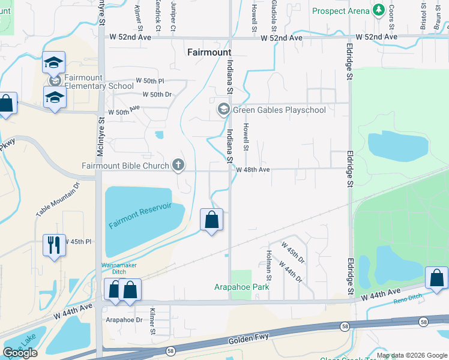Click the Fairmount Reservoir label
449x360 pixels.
[140, 216]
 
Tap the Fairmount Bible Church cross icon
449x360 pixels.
[178, 164]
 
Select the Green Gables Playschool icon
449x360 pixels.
[223, 109]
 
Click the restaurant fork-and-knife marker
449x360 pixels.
[54, 244]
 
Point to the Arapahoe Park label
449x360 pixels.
[242, 287]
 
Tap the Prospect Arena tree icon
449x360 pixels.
[379, 10]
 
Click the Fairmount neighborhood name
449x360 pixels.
[209, 52]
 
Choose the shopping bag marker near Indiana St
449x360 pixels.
[211, 220]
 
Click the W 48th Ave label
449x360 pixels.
[253, 170]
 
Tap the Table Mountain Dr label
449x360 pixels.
[57, 199]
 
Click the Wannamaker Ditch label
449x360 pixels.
[113, 268]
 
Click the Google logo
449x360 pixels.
[20, 353]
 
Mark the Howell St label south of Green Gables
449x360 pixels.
[246, 137]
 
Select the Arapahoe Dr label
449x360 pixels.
[123, 320]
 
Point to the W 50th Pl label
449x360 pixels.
[149, 80]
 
